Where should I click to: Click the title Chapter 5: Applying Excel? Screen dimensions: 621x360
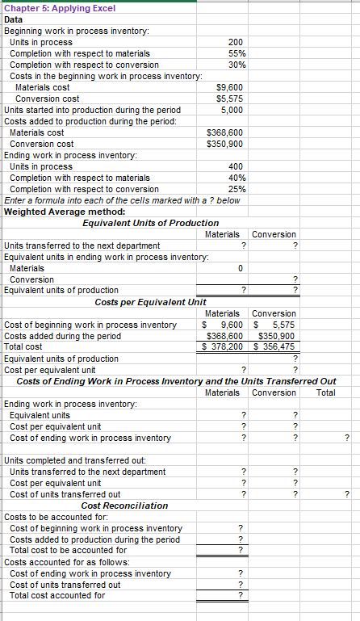60,8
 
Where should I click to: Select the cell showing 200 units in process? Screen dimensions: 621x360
235,42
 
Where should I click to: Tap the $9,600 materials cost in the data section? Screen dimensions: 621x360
230,87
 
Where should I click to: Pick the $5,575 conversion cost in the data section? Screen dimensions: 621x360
230,99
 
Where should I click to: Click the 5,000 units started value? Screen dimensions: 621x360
231,110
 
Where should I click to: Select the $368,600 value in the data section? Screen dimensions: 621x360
225,132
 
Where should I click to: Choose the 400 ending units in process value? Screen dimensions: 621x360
236,166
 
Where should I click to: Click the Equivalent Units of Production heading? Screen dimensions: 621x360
150,223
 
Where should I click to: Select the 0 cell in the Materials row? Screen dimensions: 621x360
240,268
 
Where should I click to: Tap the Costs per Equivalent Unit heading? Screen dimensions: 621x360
150,302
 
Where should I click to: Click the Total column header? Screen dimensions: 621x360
326,392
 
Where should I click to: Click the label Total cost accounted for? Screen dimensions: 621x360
57,596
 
